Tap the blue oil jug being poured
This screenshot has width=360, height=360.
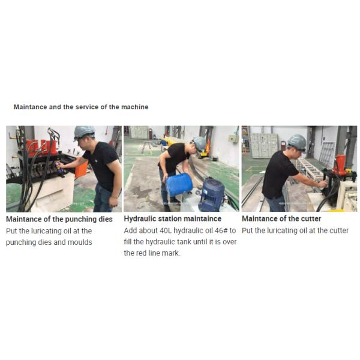pyautogui.click(x=179, y=184)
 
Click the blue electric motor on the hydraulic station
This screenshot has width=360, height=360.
pyautogui.click(x=211, y=194)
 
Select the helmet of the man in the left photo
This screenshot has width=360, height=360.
pyautogui.click(x=84, y=133)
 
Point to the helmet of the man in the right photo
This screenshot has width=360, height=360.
pyautogui.click(x=297, y=142)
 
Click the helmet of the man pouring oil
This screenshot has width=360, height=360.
pyautogui.click(x=200, y=143)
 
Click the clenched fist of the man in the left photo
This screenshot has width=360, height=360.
pyautogui.click(x=113, y=202)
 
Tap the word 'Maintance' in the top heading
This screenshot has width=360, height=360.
pyautogui.click(x=31, y=107)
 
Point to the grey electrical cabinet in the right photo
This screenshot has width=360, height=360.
pyautogui.click(x=264, y=145)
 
